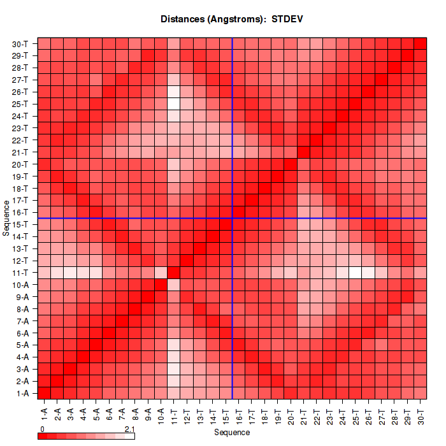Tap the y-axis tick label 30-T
coord(20,43)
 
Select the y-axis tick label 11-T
coord(20,273)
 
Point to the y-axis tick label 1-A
coord(21,393)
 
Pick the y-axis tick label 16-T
coord(20,212)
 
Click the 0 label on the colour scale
coord(42,429)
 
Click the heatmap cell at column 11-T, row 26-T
coord(174,92)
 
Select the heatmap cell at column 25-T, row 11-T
coord(356,273)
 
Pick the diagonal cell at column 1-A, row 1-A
coord(45,392)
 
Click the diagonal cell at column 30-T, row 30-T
coord(421,43)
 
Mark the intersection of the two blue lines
coord(233,218)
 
